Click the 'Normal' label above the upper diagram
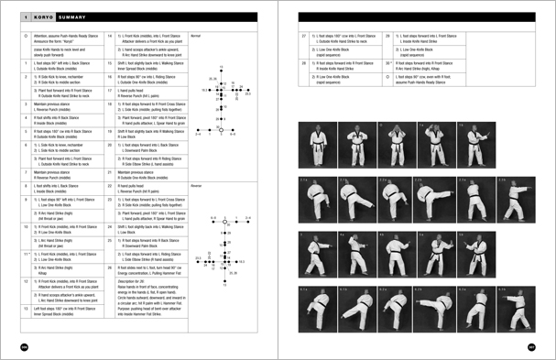pos(195,32)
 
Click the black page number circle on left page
pos(11,346)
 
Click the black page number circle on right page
pos(544,346)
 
